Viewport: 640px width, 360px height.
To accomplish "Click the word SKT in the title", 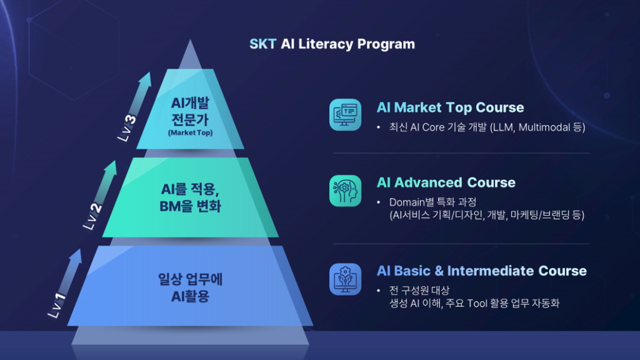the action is (x=263, y=44).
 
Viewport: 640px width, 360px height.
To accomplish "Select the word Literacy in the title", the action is (x=325, y=44).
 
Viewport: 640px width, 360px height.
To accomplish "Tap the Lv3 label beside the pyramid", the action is (x=127, y=127).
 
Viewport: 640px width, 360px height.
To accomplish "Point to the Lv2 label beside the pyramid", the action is (x=92, y=216).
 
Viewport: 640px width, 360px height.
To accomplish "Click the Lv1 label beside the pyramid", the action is (x=57, y=305).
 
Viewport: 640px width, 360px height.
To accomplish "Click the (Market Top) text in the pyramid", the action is (x=190, y=132).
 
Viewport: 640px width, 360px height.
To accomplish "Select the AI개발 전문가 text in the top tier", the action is (x=190, y=111).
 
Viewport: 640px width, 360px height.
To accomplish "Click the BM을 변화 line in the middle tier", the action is (x=190, y=206).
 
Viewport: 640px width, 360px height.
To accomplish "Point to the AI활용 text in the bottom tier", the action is (x=190, y=296).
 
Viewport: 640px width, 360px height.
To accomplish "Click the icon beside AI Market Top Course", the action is (x=345, y=115).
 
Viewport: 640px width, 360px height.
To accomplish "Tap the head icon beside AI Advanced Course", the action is (x=345, y=191).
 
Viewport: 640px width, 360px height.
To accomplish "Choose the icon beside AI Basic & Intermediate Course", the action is (x=345, y=279).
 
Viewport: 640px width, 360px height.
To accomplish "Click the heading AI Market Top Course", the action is (x=450, y=107).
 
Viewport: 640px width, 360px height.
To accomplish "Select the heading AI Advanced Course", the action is (x=446, y=182).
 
